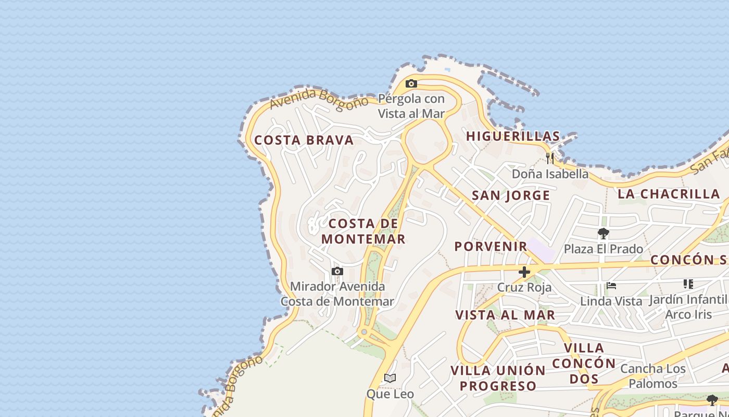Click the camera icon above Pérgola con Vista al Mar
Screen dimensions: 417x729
(411, 83)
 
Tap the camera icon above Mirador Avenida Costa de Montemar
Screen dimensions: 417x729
(337, 272)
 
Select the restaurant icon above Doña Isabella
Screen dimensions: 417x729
(550, 157)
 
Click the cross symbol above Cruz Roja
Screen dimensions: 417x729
(524, 272)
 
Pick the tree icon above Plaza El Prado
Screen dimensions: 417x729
(603, 233)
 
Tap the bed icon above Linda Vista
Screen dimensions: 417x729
(611, 286)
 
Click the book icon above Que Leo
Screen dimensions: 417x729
(390, 378)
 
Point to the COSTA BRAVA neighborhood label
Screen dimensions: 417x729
(304, 140)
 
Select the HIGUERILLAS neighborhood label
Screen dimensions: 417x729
(513, 137)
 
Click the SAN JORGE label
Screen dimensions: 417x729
(511, 195)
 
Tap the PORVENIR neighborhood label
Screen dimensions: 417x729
(491, 246)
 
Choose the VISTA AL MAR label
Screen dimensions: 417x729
(505, 315)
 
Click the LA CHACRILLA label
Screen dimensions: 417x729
(669, 194)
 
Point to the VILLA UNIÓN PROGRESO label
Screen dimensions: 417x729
(498, 378)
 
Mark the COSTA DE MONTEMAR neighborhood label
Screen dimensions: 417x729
(363, 231)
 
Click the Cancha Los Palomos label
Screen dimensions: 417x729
(653, 376)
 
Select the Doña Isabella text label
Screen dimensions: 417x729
(550, 174)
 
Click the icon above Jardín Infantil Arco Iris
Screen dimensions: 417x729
(688, 284)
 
